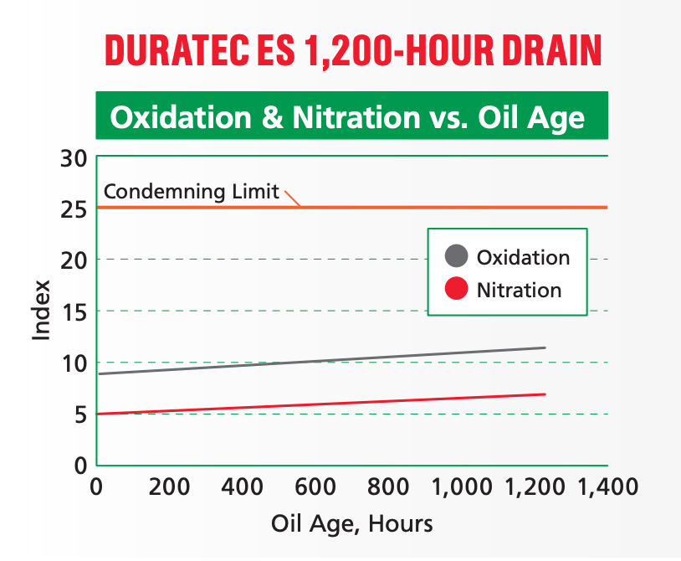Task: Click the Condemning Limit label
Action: click(191, 192)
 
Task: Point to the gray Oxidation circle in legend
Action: click(456, 257)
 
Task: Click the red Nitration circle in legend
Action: click(456, 290)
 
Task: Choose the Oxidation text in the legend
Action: click(523, 257)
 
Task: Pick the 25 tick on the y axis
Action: click(75, 208)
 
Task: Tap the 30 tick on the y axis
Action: click(75, 157)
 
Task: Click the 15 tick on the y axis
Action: click(75, 311)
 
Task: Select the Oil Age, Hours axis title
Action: click(352, 524)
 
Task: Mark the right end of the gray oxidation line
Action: click(545, 347)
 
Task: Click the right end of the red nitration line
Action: click(545, 394)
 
